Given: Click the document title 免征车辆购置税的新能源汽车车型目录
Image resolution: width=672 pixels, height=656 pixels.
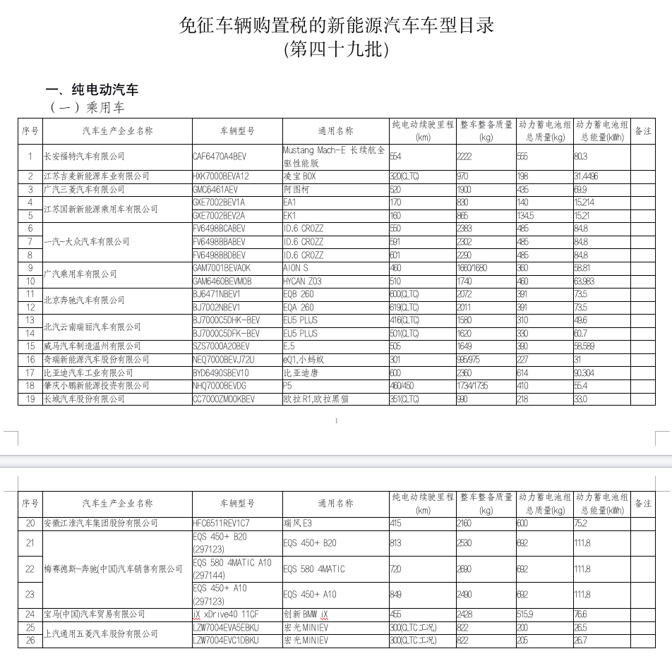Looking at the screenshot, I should [336, 26].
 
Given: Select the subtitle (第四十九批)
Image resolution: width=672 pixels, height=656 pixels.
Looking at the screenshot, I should [336, 50].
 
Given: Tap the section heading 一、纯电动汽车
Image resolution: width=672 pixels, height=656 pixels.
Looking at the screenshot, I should [92, 90].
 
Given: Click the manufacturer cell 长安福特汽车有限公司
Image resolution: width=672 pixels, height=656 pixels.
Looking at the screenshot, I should [84, 157].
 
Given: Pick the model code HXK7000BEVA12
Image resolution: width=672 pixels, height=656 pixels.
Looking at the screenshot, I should [221, 176].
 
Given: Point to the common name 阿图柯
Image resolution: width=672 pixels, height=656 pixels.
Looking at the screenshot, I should [296, 190].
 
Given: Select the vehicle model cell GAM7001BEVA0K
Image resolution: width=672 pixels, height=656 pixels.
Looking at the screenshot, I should [222, 268].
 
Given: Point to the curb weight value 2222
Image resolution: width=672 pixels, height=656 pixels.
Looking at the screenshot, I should [464, 157].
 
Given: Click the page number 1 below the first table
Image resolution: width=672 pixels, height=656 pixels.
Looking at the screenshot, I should [336, 421].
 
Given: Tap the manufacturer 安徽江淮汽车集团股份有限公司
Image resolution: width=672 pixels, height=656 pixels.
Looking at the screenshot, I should [101, 523].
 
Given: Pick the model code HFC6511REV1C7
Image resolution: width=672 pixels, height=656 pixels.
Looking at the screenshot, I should [221, 523].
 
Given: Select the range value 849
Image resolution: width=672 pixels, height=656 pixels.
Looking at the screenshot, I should [396, 595].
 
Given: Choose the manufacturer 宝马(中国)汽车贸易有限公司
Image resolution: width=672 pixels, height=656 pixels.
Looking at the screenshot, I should [95, 614].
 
